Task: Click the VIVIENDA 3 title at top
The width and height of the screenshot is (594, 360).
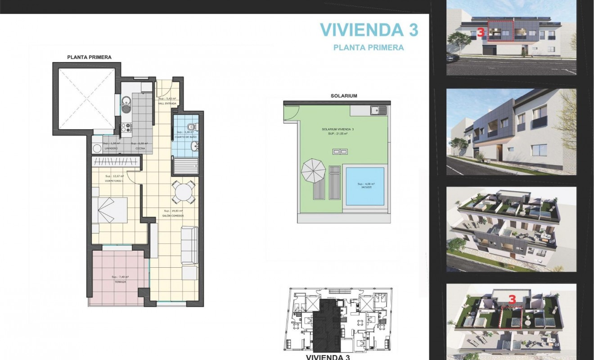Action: pyautogui.click(x=369, y=30)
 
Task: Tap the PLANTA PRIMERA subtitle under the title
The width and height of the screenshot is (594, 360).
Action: pyautogui.click(x=369, y=47)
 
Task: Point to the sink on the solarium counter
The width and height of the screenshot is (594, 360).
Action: pyautogui.click(x=378, y=109)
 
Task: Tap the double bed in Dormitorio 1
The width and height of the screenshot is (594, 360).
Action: pyautogui.click(x=110, y=210)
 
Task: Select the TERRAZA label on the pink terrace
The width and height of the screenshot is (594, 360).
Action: pyautogui.click(x=120, y=281)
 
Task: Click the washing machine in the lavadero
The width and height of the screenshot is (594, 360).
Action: pyautogui.click(x=97, y=149)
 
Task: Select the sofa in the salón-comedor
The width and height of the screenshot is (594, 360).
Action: pyautogui.click(x=189, y=245)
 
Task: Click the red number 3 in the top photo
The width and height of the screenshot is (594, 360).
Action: pyautogui.click(x=480, y=32)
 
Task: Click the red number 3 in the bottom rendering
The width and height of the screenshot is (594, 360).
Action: pyautogui.click(x=512, y=299)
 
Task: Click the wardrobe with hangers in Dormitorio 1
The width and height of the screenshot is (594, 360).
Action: pyautogui.click(x=115, y=162)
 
